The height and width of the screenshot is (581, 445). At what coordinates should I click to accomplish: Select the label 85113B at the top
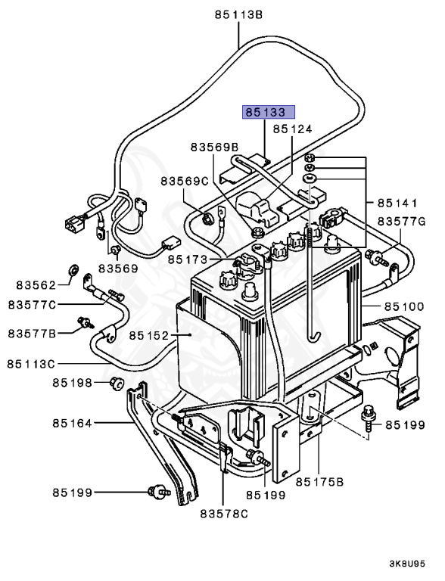pos(238,14)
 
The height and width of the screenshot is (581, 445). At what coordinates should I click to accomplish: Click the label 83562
pos(36,284)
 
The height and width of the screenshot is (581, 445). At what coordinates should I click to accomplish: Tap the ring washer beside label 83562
pos(74,269)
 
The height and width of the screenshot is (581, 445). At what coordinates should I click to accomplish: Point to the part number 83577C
pos(33,305)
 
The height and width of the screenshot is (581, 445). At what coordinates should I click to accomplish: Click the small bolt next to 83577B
pos(85,325)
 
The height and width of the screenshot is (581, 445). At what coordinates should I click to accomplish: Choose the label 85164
pos(73,423)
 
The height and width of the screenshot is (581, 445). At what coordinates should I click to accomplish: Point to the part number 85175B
pos(319,480)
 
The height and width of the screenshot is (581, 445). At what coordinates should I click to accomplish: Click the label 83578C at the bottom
pos(225,514)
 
